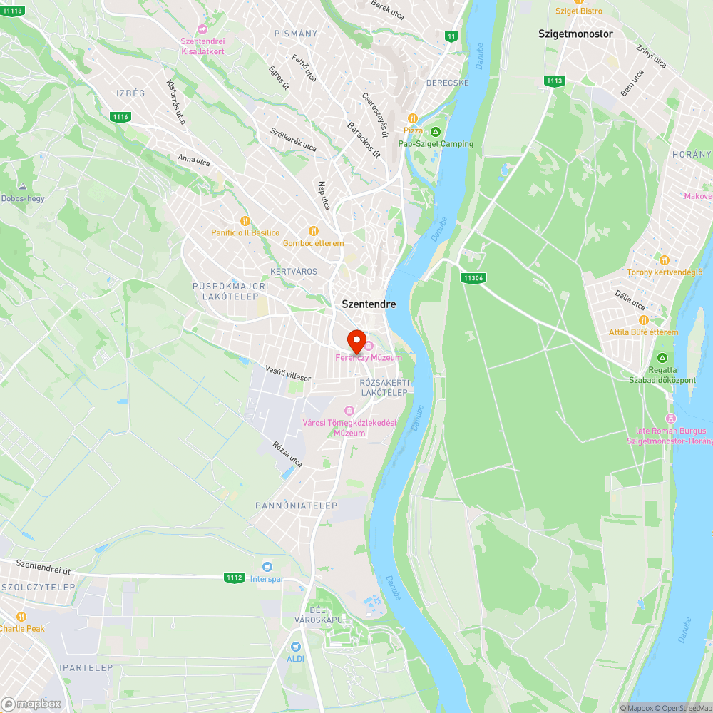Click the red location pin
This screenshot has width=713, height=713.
pyautogui.click(x=356, y=340)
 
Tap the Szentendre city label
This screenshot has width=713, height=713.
pyautogui.click(x=369, y=304)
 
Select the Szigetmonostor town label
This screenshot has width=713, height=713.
pyautogui.click(x=575, y=34)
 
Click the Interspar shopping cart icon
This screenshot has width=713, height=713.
pyautogui.click(x=267, y=566)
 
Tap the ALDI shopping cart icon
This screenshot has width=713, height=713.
pyautogui.click(x=295, y=646)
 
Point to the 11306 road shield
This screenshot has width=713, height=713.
pyautogui.click(x=472, y=278)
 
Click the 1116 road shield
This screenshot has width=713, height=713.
pyautogui.click(x=120, y=117)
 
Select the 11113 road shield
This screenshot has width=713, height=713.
pyautogui.click(x=14, y=11)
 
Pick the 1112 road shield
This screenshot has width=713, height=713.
pyautogui.click(x=234, y=578)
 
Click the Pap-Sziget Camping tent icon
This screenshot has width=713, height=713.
pyautogui.click(x=436, y=131)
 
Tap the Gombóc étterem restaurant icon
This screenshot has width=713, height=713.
pyautogui.click(x=313, y=231)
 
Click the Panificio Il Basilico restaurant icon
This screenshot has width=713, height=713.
pyautogui.click(x=245, y=221)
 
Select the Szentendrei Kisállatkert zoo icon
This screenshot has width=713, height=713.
pyautogui.click(x=202, y=29)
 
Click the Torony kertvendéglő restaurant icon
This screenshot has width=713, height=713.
pyautogui.click(x=665, y=260)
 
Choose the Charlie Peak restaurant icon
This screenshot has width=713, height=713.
pyautogui.click(x=21, y=617)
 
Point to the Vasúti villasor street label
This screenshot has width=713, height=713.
pyautogui.click(x=288, y=373)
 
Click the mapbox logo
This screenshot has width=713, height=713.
pyautogui.click(x=31, y=703)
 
